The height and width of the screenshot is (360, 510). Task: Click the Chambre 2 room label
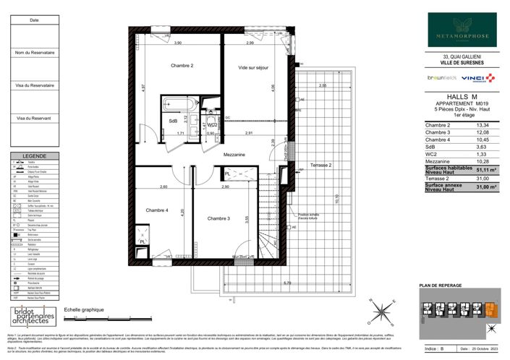coord(182,66)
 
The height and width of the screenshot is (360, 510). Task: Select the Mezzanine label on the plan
coord(234,155)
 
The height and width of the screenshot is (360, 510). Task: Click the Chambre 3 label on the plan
coord(218,218)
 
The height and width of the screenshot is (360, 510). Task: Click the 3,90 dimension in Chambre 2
coord(177,43)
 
